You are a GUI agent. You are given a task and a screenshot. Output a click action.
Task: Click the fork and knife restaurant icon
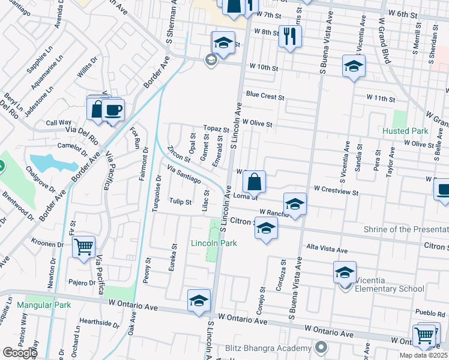(x=290, y=36)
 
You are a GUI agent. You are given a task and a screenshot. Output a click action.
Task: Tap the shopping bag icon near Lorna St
(x=255, y=179)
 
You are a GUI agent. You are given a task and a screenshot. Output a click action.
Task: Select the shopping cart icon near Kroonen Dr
(x=83, y=247)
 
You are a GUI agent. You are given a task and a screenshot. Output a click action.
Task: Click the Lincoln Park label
(x=214, y=243)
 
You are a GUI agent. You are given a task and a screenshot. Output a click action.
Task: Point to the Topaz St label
(x=216, y=129)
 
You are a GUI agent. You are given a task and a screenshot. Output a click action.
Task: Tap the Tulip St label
(x=180, y=202)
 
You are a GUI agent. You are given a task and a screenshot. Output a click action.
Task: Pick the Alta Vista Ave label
(x=327, y=249)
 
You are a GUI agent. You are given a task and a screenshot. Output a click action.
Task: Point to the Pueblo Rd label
(x=432, y=313)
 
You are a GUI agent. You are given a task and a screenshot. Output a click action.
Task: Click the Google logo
(x=19, y=353)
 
